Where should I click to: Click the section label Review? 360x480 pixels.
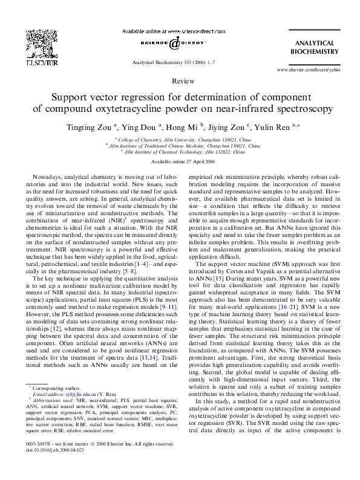[x=180, y=80]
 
